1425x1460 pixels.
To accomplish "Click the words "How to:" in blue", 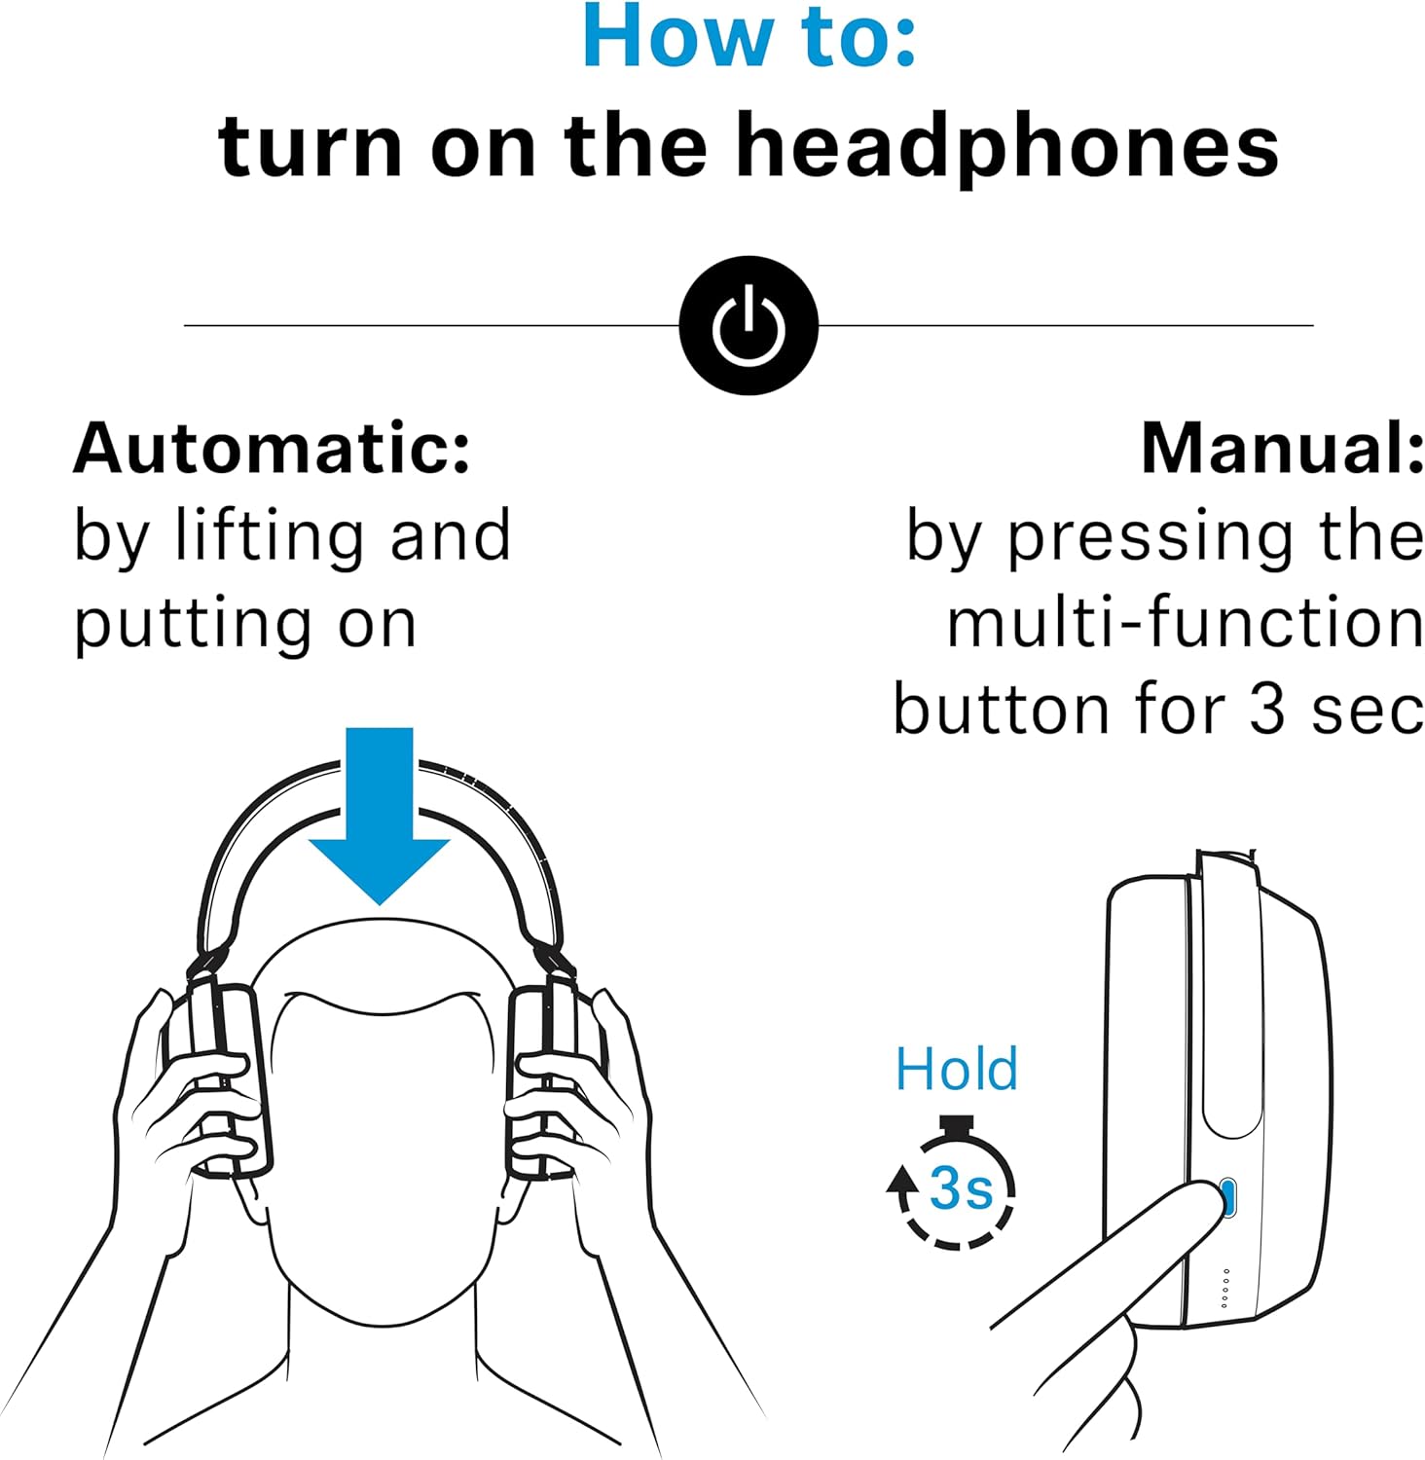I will coord(749,37).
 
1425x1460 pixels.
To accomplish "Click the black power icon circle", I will coord(749,325).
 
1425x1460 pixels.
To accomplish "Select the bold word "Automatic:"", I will coord(273,449).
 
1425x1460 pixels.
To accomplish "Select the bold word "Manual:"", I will coord(1282,449).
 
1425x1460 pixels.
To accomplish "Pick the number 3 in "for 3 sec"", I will coord(1267,710).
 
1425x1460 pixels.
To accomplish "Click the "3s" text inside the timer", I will coord(961,1187).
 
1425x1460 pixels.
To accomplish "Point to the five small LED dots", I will coord(1225,1288).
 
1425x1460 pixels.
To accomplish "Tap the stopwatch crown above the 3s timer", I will coord(958,1125).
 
